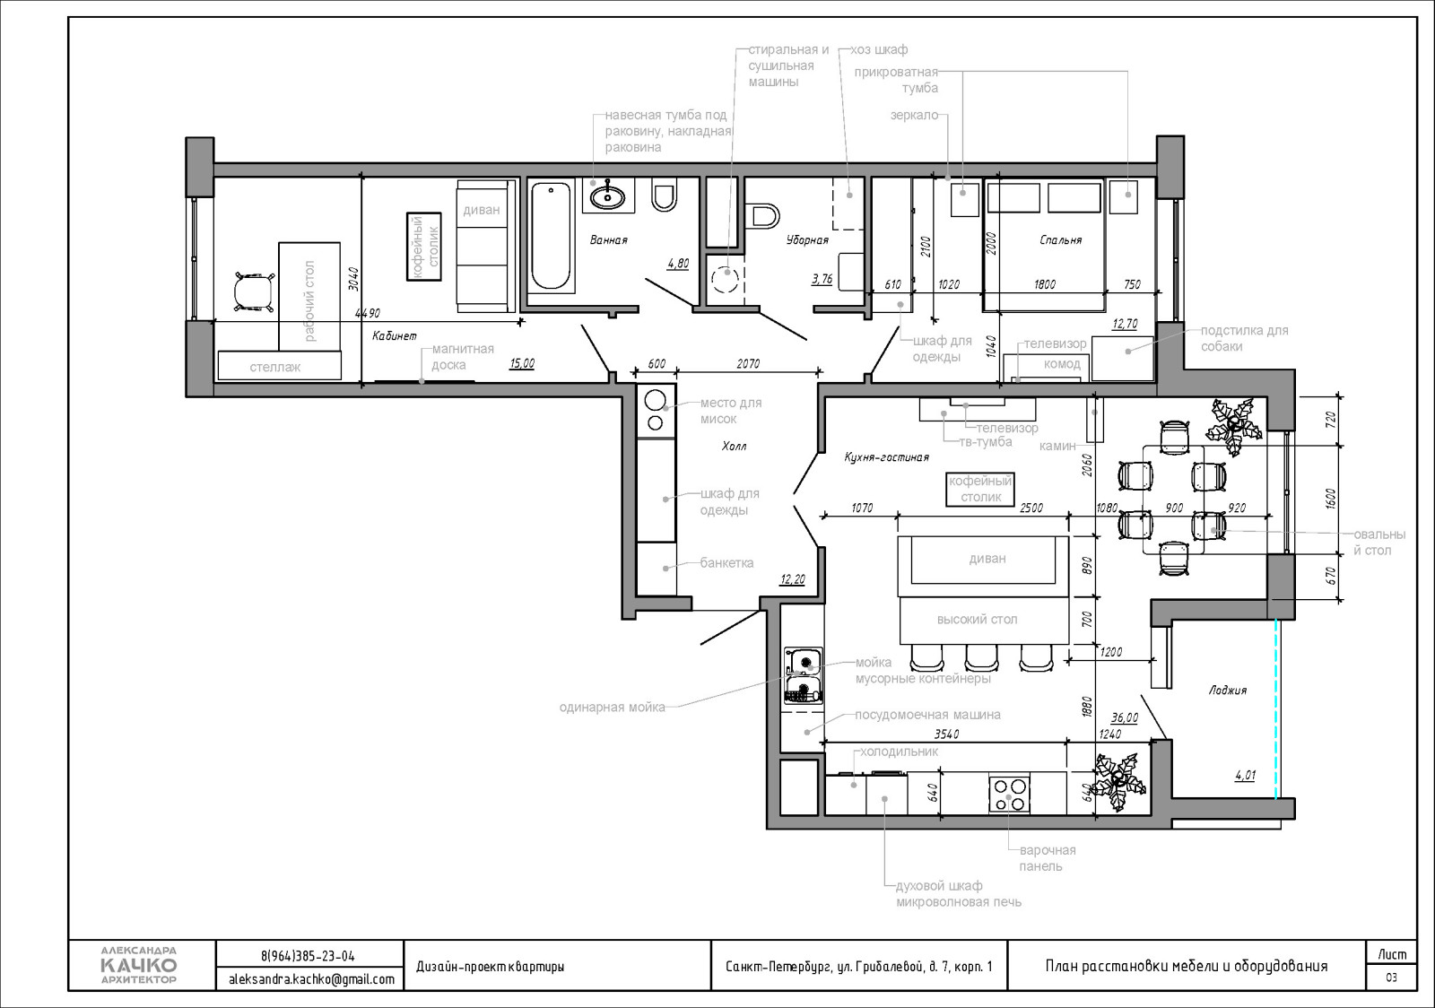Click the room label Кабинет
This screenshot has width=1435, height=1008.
click(394, 335)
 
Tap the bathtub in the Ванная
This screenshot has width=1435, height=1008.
click(551, 236)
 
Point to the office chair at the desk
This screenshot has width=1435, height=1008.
click(254, 292)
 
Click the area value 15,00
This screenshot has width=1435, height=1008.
click(522, 364)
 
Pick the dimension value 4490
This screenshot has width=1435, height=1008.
click(368, 313)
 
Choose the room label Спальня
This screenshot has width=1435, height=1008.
click(1061, 240)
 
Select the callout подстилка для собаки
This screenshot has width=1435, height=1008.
click(1244, 338)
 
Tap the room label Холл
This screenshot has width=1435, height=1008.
click(734, 447)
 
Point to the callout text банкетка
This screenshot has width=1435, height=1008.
click(726, 563)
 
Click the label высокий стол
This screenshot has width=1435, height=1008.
click(977, 620)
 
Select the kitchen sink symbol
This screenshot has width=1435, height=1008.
click(804, 662)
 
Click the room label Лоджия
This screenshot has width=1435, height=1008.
click(1228, 691)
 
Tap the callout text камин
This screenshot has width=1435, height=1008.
click(1057, 446)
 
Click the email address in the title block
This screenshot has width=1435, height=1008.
click(311, 979)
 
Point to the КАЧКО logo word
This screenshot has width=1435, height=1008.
click(139, 964)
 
